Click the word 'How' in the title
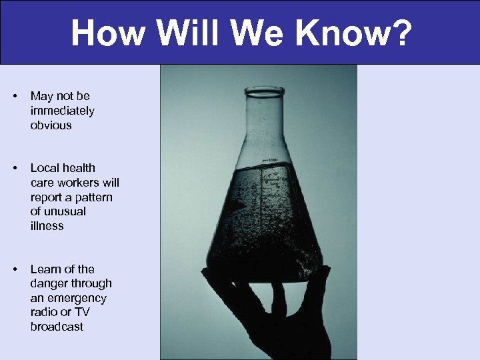click(108, 33)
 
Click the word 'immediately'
click(62, 111)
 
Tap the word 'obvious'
click(51, 125)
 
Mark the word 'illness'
click(47, 226)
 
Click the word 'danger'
click(48, 284)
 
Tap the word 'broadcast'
click(57, 327)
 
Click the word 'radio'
click(43, 313)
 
